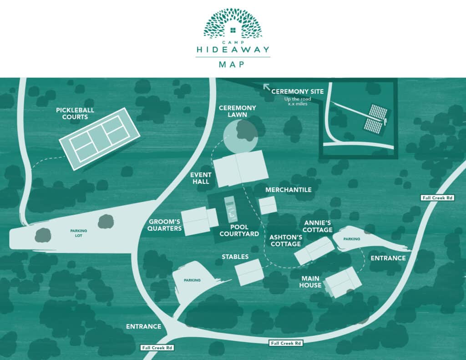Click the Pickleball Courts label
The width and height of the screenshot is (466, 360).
point(72,113)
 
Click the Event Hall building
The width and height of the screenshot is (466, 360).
point(241,169)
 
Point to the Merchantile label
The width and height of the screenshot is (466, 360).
point(289,189)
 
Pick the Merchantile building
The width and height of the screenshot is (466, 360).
point(268,205)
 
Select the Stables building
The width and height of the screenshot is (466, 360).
point(249,272)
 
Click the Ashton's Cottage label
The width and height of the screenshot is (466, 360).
point(285,240)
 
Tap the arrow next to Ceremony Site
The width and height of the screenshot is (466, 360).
point(266,87)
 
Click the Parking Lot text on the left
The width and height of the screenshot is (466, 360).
point(78,231)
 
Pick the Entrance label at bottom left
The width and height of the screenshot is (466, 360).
point(143,326)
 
